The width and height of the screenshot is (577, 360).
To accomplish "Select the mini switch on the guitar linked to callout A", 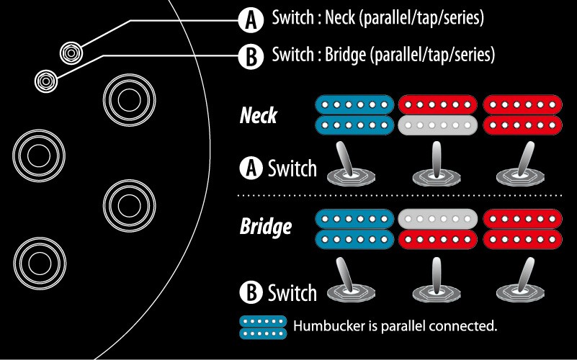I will coord(71,52).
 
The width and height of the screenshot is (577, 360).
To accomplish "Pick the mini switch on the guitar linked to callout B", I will coord(45,80).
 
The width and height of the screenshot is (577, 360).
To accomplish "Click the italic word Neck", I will coord(259,115).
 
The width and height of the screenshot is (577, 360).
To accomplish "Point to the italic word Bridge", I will coord(265,227).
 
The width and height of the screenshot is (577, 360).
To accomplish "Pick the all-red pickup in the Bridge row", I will coord(523,228).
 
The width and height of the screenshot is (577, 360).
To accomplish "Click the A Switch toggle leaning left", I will coord(350,165).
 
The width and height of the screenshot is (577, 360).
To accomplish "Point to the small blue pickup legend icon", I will coord(263,326).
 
